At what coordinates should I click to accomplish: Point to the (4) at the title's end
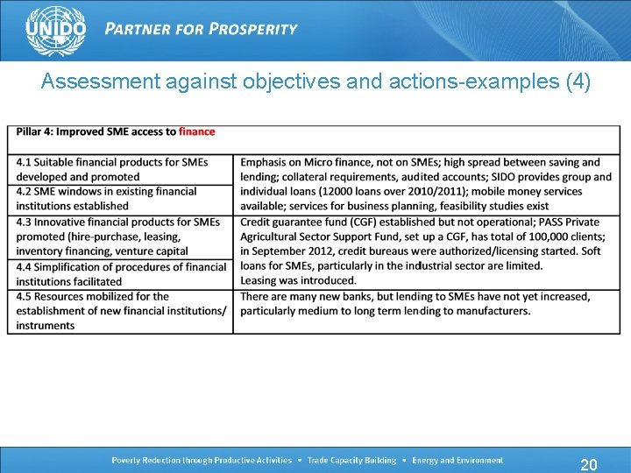(578, 82)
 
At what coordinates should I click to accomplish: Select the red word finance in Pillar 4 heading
(196, 131)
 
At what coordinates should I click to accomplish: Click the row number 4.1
(24, 162)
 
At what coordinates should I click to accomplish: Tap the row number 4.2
(24, 191)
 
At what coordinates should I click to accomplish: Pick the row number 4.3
(24, 222)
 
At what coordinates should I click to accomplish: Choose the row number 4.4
(24, 266)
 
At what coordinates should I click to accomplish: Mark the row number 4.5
(24, 296)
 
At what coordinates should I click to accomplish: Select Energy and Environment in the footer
(457, 460)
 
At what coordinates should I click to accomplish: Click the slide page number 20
(589, 463)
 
